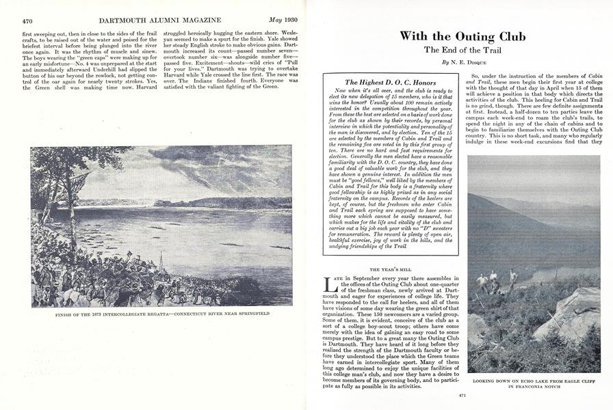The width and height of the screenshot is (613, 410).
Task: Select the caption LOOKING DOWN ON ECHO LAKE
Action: tap(534, 379)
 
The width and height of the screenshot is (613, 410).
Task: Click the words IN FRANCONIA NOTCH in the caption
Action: tap(534, 386)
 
